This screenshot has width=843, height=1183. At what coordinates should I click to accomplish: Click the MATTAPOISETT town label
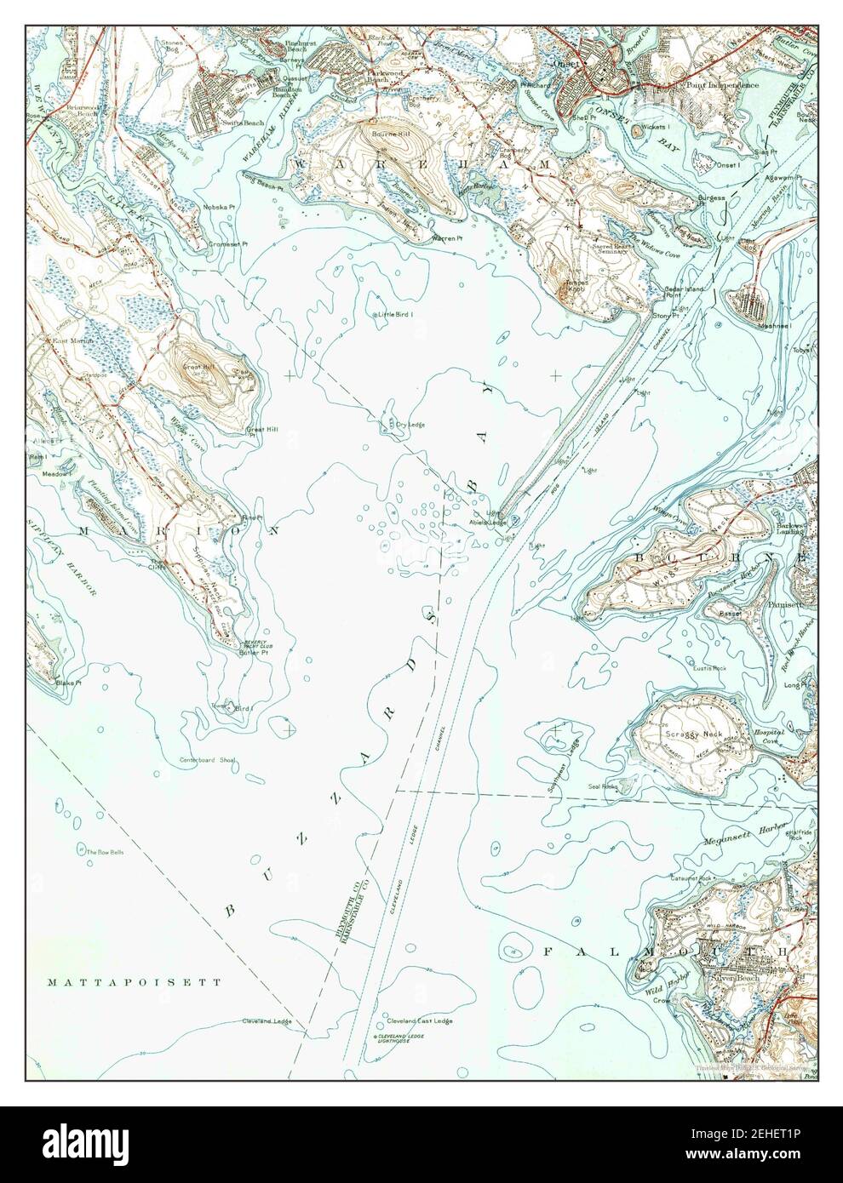click(x=135, y=981)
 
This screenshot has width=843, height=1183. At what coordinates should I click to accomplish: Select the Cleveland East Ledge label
click(x=419, y=1020)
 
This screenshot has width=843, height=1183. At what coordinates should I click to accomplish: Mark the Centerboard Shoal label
click(x=206, y=760)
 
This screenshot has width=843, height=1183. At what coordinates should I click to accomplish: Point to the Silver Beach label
click(x=728, y=980)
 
